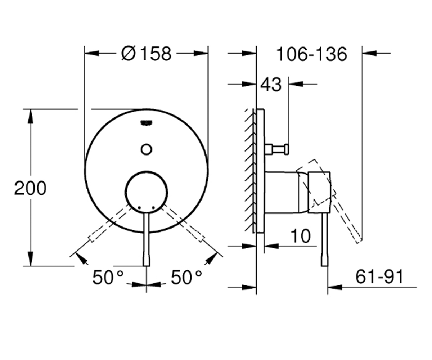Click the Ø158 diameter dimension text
[146, 54]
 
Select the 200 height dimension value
[30, 188]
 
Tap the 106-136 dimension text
[312, 54]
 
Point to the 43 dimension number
[271, 85]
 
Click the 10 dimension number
[301, 236]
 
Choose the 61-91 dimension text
[379, 276]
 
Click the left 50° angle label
[108, 277]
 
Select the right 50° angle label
[186, 277]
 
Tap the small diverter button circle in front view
[147, 149]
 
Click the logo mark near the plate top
[147, 123]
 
